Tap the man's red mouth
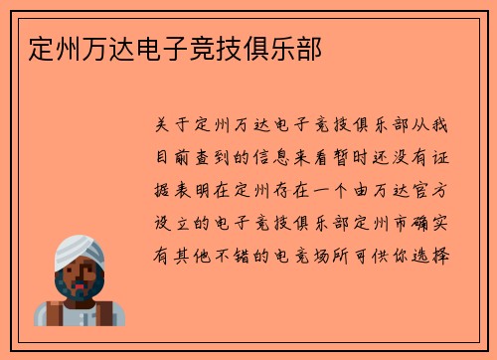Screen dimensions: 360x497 tap(81, 283)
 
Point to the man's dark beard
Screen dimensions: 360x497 tap(81, 290)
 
